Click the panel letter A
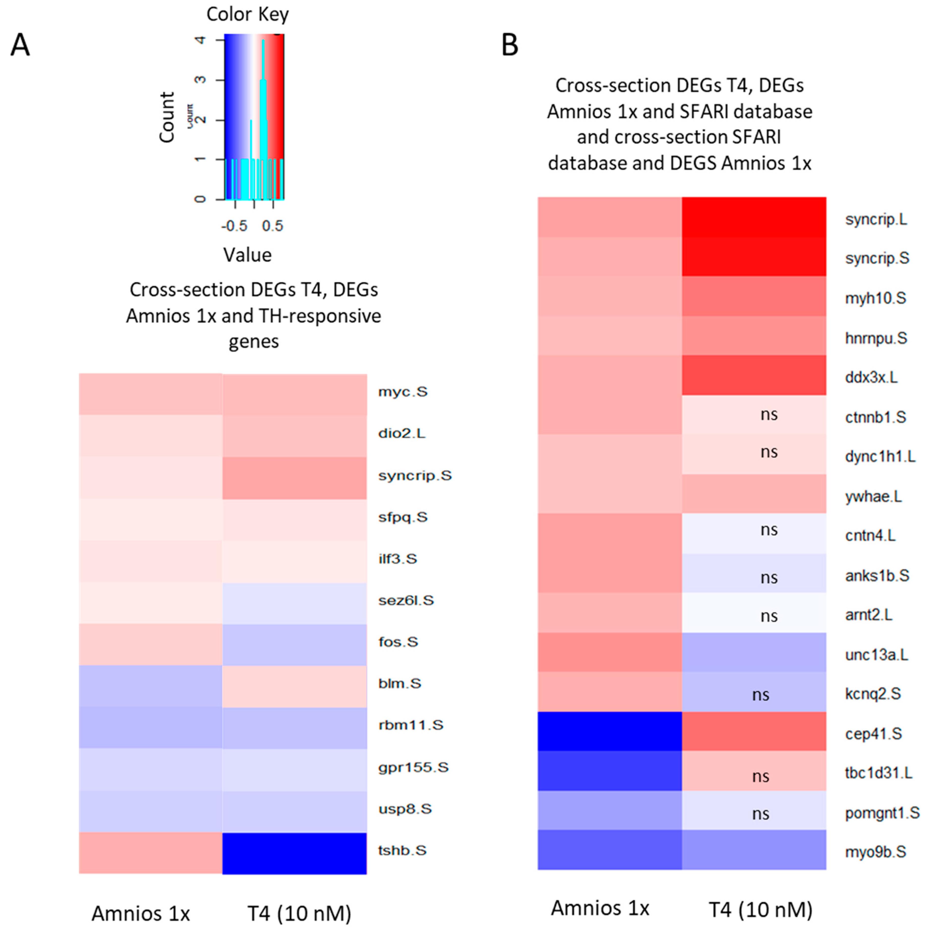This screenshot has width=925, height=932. (20, 46)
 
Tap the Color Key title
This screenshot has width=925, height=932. (247, 15)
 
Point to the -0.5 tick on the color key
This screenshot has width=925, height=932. (234, 226)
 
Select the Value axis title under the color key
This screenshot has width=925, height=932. (247, 255)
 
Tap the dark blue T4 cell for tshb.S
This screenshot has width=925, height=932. (294, 853)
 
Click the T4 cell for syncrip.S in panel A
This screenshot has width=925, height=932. (294, 478)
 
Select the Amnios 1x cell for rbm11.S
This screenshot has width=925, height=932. (151, 728)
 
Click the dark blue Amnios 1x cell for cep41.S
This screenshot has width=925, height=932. (610, 731)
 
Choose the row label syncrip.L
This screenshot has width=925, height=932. (876, 219)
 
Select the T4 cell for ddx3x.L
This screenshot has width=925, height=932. (754, 375)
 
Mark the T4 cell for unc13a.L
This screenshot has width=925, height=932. (754, 652)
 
